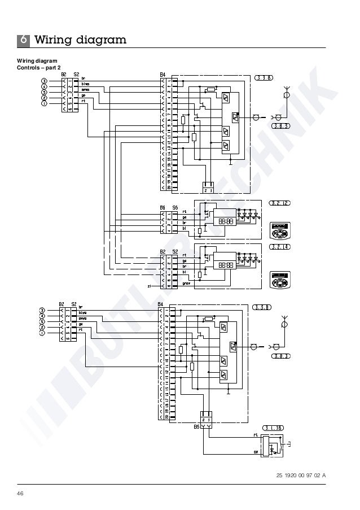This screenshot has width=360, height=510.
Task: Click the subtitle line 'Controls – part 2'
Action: [39, 68]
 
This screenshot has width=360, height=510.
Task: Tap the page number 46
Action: [20, 494]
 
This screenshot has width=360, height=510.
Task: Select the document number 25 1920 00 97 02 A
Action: [301, 475]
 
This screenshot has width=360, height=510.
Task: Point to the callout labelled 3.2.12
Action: [280, 202]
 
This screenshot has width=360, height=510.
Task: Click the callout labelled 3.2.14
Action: [280, 247]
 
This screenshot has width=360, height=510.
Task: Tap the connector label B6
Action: [163, 208]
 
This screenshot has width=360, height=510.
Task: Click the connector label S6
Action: [175, 208]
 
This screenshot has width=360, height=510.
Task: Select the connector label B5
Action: [196, 427]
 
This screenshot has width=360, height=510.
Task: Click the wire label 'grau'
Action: [186, 284]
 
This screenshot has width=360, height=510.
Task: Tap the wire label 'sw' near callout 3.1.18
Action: [255, 452]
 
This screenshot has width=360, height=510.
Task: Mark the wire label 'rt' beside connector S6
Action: [185, 212]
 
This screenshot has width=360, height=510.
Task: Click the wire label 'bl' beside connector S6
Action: [185, 229]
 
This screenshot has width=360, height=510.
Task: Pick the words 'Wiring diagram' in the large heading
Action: [80, 40]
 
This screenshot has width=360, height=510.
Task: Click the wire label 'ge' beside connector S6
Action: [185, 217]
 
